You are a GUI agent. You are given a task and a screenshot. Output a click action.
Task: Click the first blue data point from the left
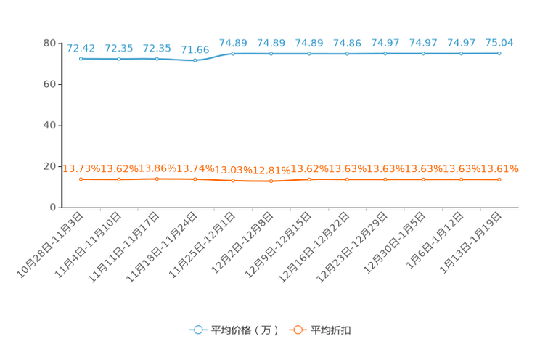tap(81, 59)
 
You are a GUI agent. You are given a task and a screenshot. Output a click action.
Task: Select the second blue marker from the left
tap(119, 59)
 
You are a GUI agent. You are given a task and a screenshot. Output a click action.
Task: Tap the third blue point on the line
tap(157, 59)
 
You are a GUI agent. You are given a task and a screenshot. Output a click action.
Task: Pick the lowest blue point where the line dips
tap(195, 61)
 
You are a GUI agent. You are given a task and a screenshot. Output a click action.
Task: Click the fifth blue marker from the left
tap(233, 54)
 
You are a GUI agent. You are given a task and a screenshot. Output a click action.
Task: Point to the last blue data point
tap(499, 53)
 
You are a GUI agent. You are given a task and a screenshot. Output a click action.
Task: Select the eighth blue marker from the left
tap(347, 54)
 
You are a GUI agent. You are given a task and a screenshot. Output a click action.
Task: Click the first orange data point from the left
tap(81, 178)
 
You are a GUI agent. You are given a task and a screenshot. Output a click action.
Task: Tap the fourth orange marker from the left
tap(195, 179)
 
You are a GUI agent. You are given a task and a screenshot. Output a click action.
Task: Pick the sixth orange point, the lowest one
tap(271, 181)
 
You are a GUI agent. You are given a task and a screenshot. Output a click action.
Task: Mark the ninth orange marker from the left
tap(385, 179)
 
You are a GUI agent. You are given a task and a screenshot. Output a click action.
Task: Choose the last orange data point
tap(499, 179)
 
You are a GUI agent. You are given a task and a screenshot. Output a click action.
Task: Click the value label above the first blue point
tap(81, 48)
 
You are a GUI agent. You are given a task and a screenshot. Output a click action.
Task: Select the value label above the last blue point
tap(499, 42)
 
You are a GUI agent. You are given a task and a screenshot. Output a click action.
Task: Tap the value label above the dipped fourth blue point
tap(195, 50)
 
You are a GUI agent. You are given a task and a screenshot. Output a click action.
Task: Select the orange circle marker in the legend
tap(298, 330)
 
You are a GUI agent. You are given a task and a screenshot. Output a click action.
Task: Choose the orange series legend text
tap(331, 330)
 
